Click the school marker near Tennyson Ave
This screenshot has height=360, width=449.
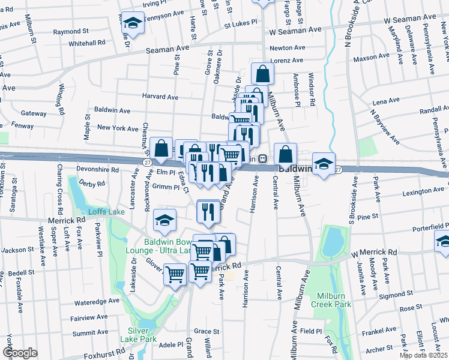[133, 24]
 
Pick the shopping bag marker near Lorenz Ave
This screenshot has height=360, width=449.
[262, 74]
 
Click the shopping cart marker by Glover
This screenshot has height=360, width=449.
[175, 275]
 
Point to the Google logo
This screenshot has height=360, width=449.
[20, 353]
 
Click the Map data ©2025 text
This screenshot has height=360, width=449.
[424, 355]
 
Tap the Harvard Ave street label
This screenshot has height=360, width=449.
[160, 97]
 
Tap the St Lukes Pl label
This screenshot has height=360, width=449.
[240, 26]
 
